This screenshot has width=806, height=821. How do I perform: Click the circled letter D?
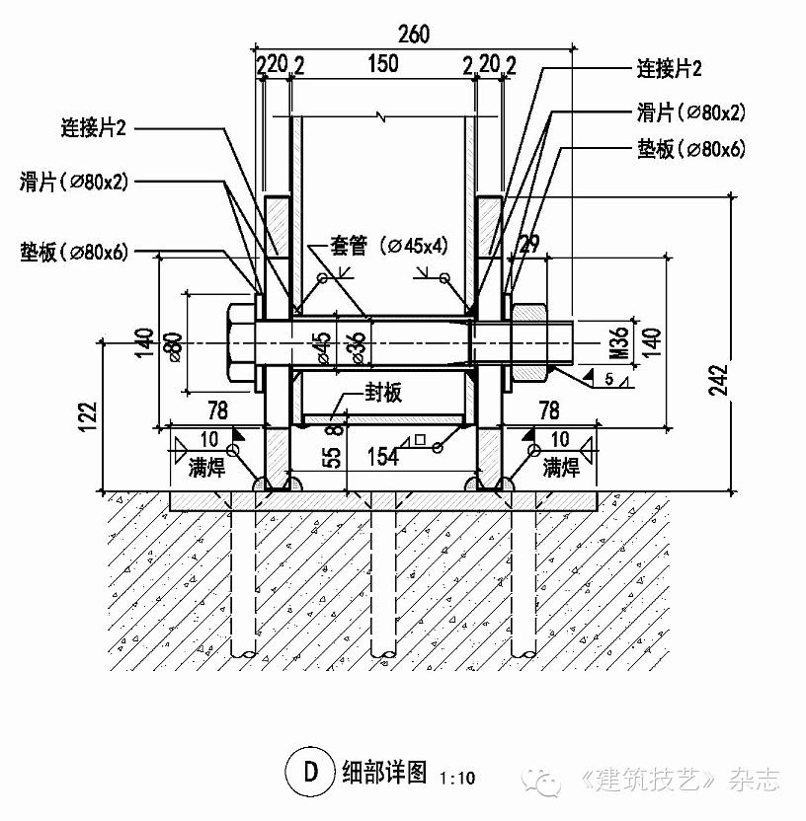pyautogui.click(x=309, y=772)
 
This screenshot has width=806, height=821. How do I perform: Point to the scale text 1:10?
pyautogui.click(x=455, y=778)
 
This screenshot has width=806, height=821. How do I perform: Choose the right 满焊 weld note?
pyautogui.click(x=560, y=466)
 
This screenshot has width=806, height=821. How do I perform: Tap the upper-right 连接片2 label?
pyautogui.click(x=669, y=69)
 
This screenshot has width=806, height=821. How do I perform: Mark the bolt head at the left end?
pyautogui.click(x=242, y=341)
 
